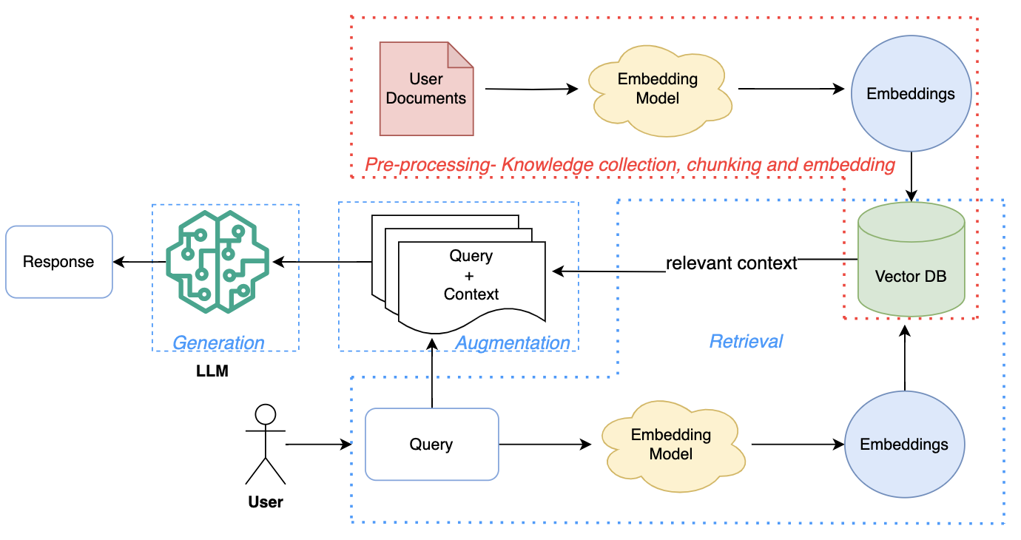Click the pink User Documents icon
[426, 89]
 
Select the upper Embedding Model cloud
[658, 88]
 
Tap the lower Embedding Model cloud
[670, 445]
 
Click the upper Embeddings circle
[910, 94]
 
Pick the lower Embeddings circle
[904, 445]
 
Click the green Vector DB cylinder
[911, 260]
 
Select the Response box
[58, 261]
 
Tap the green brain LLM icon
[218, 263]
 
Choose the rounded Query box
[431, 445]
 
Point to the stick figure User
[265, 445]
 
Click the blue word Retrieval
[746, 341]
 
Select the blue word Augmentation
[513, 343]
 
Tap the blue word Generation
[218, 343]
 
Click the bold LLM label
[212, 371]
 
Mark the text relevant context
[731, 263]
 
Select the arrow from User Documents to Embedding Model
[530, 90]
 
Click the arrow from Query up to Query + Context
[431, 374]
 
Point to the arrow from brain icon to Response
[138, 261]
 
